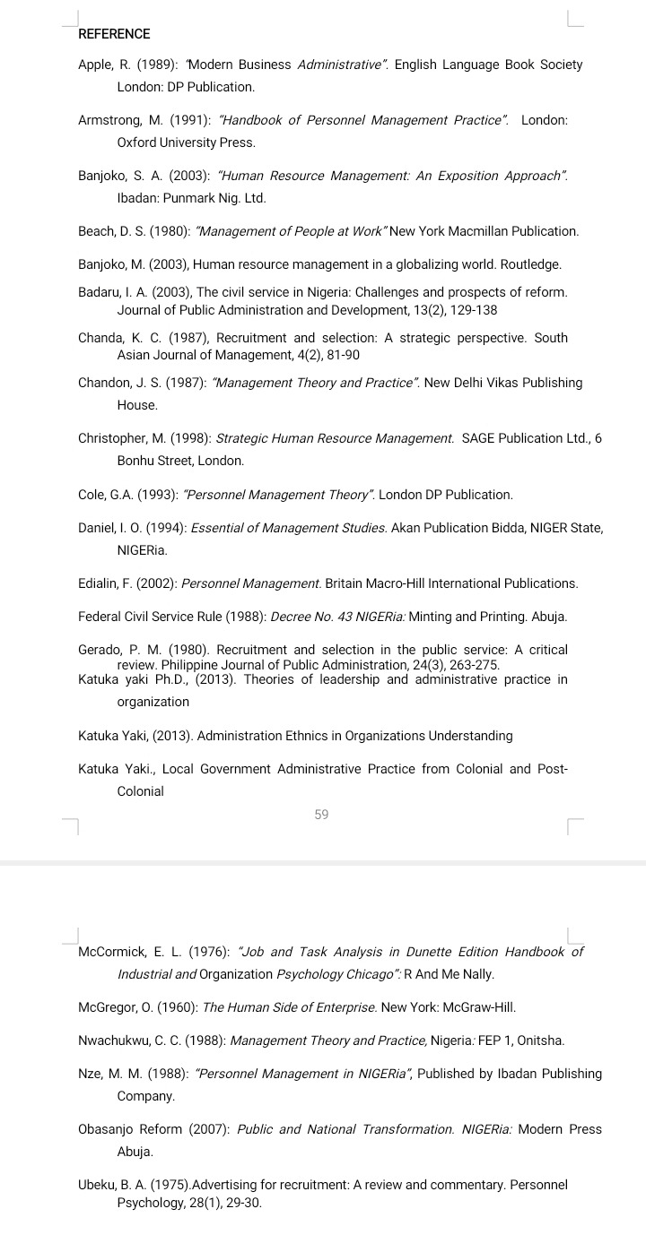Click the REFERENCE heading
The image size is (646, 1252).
[x=114, y=34]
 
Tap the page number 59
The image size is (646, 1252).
[x=322, y=815]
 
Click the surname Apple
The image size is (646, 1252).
[x=95, y=65]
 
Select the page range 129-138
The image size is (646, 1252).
[x=467, y=310]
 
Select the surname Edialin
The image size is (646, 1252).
[x=99, y=583]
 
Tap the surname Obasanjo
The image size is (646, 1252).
[x=108, y=1129]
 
